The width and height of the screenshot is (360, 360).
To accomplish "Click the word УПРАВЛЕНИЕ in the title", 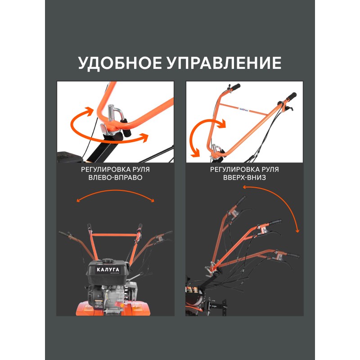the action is click(224, 63).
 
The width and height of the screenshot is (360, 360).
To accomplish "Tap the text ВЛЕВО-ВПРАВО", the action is click(115, 177).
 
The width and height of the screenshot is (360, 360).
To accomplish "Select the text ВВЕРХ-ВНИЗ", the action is click(244, 177).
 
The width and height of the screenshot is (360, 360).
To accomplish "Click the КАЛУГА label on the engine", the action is click(108, 270).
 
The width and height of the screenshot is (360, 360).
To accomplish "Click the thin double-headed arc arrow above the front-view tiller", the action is click(115, 190).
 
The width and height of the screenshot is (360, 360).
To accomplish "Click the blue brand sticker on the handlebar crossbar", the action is click(244, 110).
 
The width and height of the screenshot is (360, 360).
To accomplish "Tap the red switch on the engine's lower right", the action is click(120, 305).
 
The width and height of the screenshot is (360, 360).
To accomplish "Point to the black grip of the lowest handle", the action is click(292, 255).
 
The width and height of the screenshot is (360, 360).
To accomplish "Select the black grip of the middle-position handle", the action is click(275, 222).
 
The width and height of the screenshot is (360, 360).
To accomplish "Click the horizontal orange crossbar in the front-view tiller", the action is click(114, 234).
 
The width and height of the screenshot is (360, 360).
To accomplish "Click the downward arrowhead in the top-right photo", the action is click(196, 153).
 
